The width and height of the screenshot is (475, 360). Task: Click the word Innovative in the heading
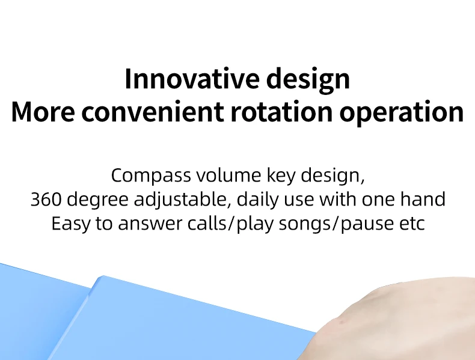tap(192, 78)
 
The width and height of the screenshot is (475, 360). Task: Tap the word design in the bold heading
tap(308, 79)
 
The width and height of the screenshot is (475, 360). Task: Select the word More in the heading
tap(43, 112)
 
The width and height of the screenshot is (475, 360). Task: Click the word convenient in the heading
tap(153, 112)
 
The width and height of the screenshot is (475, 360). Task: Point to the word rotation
tap(282, 112)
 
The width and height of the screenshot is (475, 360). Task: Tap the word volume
tap(228, 175)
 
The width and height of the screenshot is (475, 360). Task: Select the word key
tap(281, 176)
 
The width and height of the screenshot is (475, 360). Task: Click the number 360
tap(46, 200)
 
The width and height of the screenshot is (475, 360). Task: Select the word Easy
tap(70, 225)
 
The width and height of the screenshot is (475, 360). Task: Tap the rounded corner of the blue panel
tap(102, 277)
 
